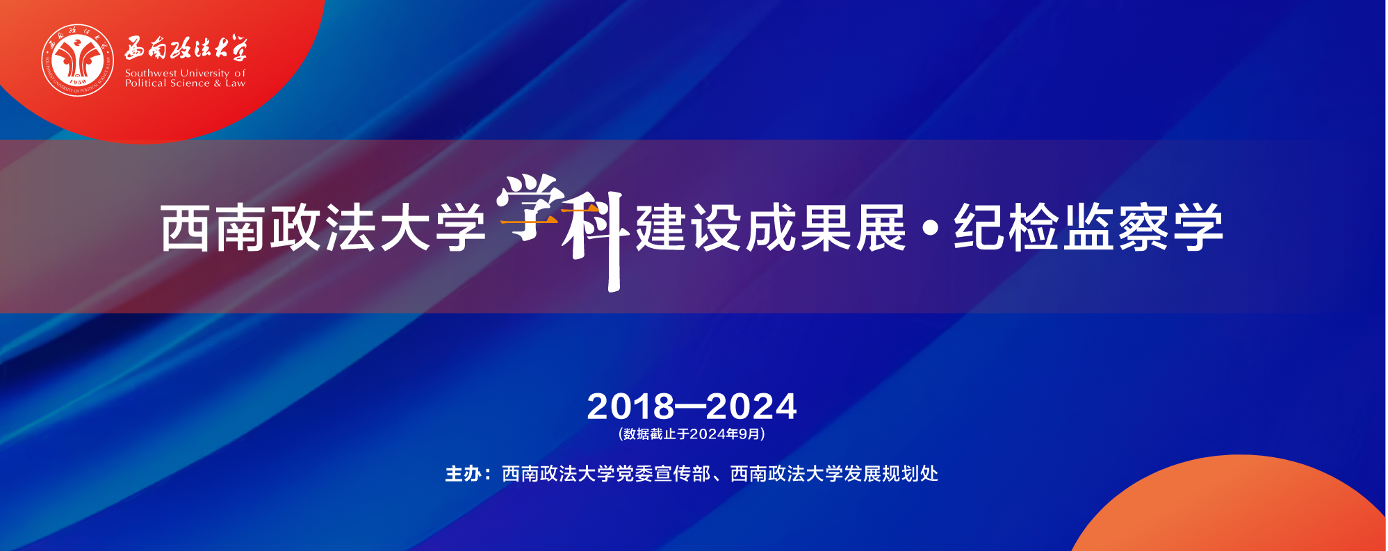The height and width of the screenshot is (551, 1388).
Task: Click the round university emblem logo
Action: click(78, 60)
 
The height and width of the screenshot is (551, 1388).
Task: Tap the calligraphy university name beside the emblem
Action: click(186, 49)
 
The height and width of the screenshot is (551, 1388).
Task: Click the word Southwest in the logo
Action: click(151, 73)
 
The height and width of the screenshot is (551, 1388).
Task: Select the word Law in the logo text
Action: click(235, 83)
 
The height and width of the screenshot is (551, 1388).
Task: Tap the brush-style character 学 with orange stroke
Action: click(529, 206)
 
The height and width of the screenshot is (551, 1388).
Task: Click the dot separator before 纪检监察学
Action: click(931, 228)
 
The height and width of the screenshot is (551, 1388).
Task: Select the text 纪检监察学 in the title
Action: click(1088, 227)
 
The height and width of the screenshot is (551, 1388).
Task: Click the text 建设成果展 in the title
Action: click(771, 227)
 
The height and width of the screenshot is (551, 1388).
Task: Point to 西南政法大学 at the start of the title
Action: click(322, 227)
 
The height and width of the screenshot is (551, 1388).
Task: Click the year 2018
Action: click(631, 406)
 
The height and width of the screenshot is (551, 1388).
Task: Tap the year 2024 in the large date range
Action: click(751, 406)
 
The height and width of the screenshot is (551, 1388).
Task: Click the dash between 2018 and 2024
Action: click(691, 407)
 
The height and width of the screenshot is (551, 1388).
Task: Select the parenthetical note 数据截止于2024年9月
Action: click(692, 434)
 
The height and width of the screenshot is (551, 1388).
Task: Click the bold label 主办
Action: click(464, 474)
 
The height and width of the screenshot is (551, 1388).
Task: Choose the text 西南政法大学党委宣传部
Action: click(606, 474)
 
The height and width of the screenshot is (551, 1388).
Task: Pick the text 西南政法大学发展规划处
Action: click(834, 474)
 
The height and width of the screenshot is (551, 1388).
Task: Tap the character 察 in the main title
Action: click(1143, 227)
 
